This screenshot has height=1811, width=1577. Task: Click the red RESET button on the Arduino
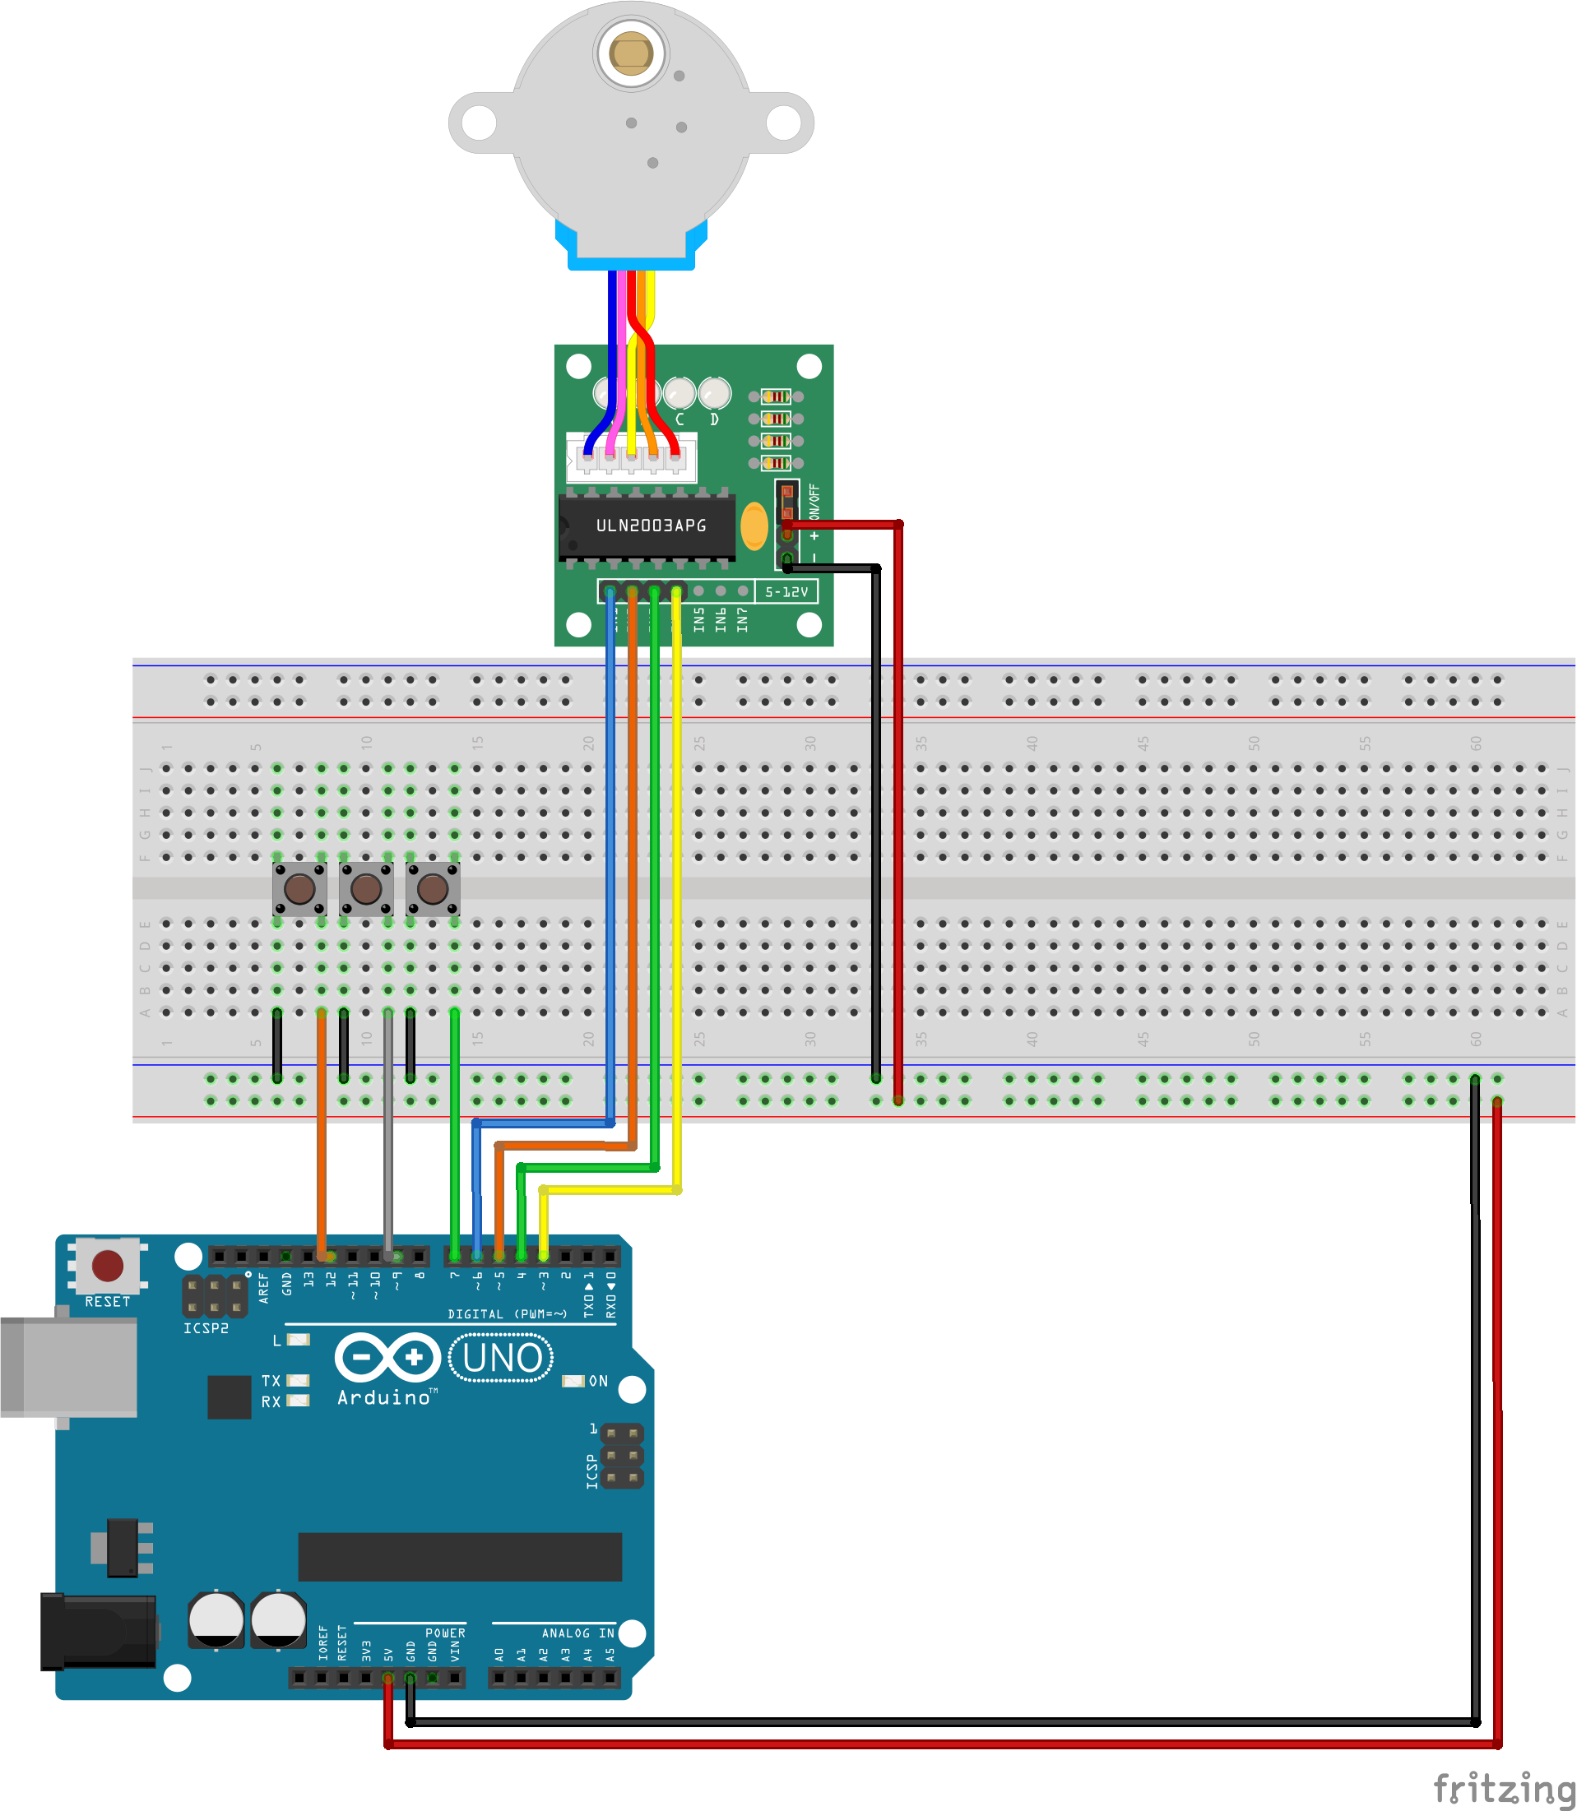(108, 1266)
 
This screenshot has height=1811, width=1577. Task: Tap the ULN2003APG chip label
(651, 526)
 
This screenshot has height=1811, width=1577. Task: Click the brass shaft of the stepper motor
(630, 53)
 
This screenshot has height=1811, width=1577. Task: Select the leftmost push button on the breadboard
(299, 889)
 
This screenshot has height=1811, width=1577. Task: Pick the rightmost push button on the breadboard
(432, 889)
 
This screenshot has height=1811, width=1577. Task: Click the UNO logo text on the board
(502, 1358)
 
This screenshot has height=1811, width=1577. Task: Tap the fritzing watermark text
(1503, 1788)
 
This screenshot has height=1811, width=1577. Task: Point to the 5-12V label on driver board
(786, 592)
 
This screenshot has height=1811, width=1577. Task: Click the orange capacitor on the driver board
(754, 526)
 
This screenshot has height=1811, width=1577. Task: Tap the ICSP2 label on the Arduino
(206, 1328)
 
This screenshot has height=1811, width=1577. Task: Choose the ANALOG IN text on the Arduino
(578, 1633)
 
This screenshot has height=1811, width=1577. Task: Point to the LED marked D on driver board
(714, 392)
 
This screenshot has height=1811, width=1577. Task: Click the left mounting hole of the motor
(479, 123)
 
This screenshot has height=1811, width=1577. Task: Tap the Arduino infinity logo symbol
(387, 1357)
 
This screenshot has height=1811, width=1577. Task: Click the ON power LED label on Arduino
(598, 1381)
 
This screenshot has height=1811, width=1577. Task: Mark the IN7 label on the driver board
(742, 618)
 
